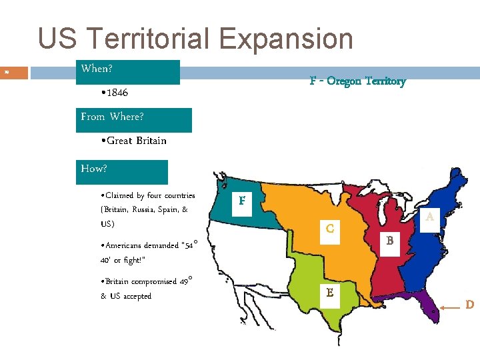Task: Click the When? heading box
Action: coord(128,71)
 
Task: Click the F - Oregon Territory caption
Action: coord(357,81)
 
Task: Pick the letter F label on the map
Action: coord(242,201)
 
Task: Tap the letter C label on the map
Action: coord(329,229)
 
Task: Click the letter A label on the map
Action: coord(429,217)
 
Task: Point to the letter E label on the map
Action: coord(329,292)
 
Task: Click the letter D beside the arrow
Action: coord(469,305)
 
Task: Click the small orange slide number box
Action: coord(14,72)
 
